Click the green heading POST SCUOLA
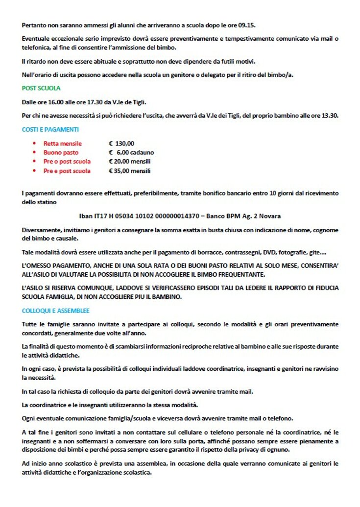[x=41, y=88]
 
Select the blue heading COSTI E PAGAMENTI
[x=50, y=130]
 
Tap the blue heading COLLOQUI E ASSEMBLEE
[x=55, y=311]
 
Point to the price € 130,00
[x=121, y=144]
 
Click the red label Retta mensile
[x=63, y=144]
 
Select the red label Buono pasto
[x=61, y=152]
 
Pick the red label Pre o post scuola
[x=67, y=162]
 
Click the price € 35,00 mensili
[x=130, y=171]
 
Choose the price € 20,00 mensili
[x=130, y=162]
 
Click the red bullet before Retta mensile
[x=34, y=144]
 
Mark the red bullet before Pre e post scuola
[x=34, y=171]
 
